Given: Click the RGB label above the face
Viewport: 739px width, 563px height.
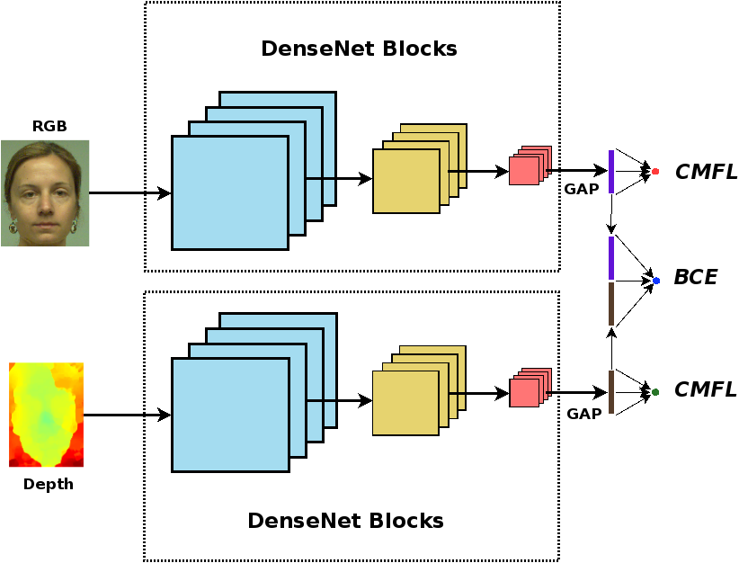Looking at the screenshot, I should (49, 126).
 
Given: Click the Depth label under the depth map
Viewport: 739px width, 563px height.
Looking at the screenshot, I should (49, 485).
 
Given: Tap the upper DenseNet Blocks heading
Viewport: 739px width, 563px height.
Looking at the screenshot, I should (359, 49).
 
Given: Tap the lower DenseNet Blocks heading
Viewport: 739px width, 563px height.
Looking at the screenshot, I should (345, 521).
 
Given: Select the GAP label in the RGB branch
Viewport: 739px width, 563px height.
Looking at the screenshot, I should (582, 189).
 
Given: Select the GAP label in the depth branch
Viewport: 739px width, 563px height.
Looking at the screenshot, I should (584, 414).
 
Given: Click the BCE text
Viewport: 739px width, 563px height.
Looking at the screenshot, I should (696, 278).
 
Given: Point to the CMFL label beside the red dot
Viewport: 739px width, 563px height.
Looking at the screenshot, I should (706, 172).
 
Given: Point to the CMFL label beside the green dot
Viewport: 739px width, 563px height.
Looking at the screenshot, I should (706, 390).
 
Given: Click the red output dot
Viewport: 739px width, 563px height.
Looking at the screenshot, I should (655, 171).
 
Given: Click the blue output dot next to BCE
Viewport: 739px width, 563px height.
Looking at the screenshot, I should (656, 281).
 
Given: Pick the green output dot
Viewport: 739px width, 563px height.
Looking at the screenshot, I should (655, 391).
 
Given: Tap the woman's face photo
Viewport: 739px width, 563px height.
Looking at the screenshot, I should (45, 192).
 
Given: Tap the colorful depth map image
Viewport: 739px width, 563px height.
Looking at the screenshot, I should (46, 415).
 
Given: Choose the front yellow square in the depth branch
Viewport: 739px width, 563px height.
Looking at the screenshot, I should (406, 404).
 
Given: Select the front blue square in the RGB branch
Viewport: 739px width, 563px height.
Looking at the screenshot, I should (230, 192).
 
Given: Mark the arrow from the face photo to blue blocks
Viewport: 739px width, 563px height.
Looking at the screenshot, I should (130, 193).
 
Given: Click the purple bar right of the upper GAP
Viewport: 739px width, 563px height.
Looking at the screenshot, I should (611, 171).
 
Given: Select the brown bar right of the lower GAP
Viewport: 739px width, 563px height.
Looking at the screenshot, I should (611, 392).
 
